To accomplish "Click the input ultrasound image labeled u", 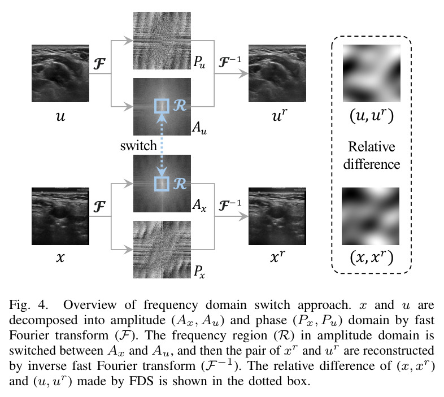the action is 60,73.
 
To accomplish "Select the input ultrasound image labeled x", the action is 60,216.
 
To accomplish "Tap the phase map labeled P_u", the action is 162,41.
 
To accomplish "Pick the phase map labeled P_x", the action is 162,250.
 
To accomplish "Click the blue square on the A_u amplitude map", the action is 162,106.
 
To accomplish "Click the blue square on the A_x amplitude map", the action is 162,184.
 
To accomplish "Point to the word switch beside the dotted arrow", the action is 138,146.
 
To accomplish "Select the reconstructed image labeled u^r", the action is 277,73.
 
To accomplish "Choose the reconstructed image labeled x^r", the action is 277,216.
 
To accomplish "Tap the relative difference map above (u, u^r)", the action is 372,73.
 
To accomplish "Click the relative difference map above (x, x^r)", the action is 371,216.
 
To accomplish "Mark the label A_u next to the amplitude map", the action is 199,128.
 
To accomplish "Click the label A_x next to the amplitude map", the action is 199,205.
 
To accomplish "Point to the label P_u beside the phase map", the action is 199,62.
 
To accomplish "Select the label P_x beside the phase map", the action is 199,271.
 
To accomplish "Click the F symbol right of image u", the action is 99,64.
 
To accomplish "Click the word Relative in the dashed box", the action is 372,147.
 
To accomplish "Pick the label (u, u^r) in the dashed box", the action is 372,116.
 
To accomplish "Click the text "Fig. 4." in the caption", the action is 28,306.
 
